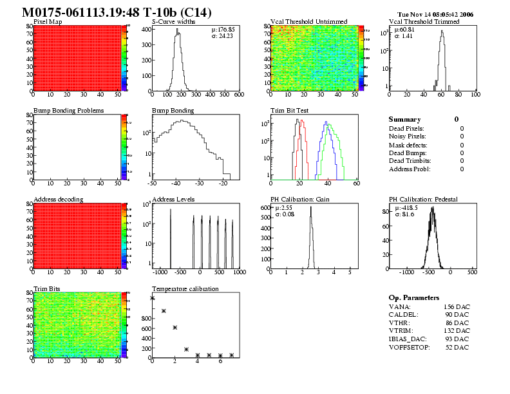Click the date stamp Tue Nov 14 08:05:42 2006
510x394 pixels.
tap(435, 14)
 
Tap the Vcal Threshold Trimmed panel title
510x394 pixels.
tap(424, 22)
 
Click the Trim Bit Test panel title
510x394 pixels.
tap(290, 111)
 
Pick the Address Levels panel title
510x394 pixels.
tap(173, 200)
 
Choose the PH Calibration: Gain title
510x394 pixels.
tap(300, 200)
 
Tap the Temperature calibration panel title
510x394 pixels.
tap(185, 288)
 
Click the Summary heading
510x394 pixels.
tap(404, 120)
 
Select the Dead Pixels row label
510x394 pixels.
tap(406, 129)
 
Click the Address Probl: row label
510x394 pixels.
tap(410, 169)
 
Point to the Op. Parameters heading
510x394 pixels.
tap(414, 298)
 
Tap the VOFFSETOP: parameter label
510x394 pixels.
tap(410, 348)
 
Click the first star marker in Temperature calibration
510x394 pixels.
tap(153, 298)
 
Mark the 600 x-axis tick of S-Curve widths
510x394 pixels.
tap(238, 94)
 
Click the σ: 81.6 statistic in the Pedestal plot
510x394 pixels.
tap(404, 214)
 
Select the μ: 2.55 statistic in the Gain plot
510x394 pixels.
tap(285, 208)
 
